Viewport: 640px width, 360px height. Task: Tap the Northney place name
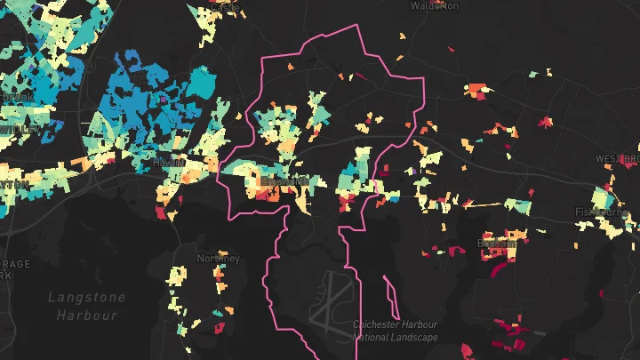(218, 258)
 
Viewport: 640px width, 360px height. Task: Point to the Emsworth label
(284, 180)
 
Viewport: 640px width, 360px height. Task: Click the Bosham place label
(496, 242)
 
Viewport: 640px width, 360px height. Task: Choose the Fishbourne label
(602, 212)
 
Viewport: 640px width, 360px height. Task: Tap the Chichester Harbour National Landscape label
(395, 331)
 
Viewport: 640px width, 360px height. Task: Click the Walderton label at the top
(435, 5)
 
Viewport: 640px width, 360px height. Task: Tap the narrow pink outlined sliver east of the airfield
(388, 288)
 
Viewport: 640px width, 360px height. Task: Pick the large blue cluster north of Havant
(151, 98)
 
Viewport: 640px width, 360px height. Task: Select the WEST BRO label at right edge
(618, 159)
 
